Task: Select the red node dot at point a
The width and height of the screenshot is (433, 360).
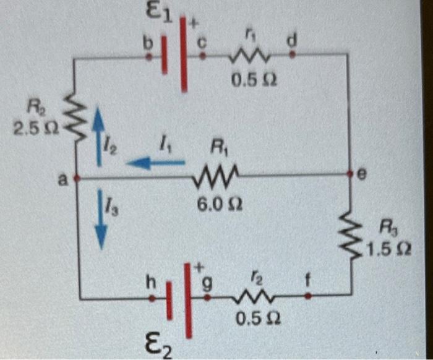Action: click(76, 178)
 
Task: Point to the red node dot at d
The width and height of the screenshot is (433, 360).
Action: click(292, 54)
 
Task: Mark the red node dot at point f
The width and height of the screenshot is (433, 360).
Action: click(308, 296)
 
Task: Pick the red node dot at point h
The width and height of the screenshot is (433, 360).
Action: click(152, 298)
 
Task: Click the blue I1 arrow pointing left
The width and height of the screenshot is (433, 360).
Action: click(155, 163)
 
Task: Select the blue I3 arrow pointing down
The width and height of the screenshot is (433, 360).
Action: click(101, 220)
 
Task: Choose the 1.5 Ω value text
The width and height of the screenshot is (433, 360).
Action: click(387, 250)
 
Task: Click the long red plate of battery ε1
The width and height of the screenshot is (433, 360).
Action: click(184, 55)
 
